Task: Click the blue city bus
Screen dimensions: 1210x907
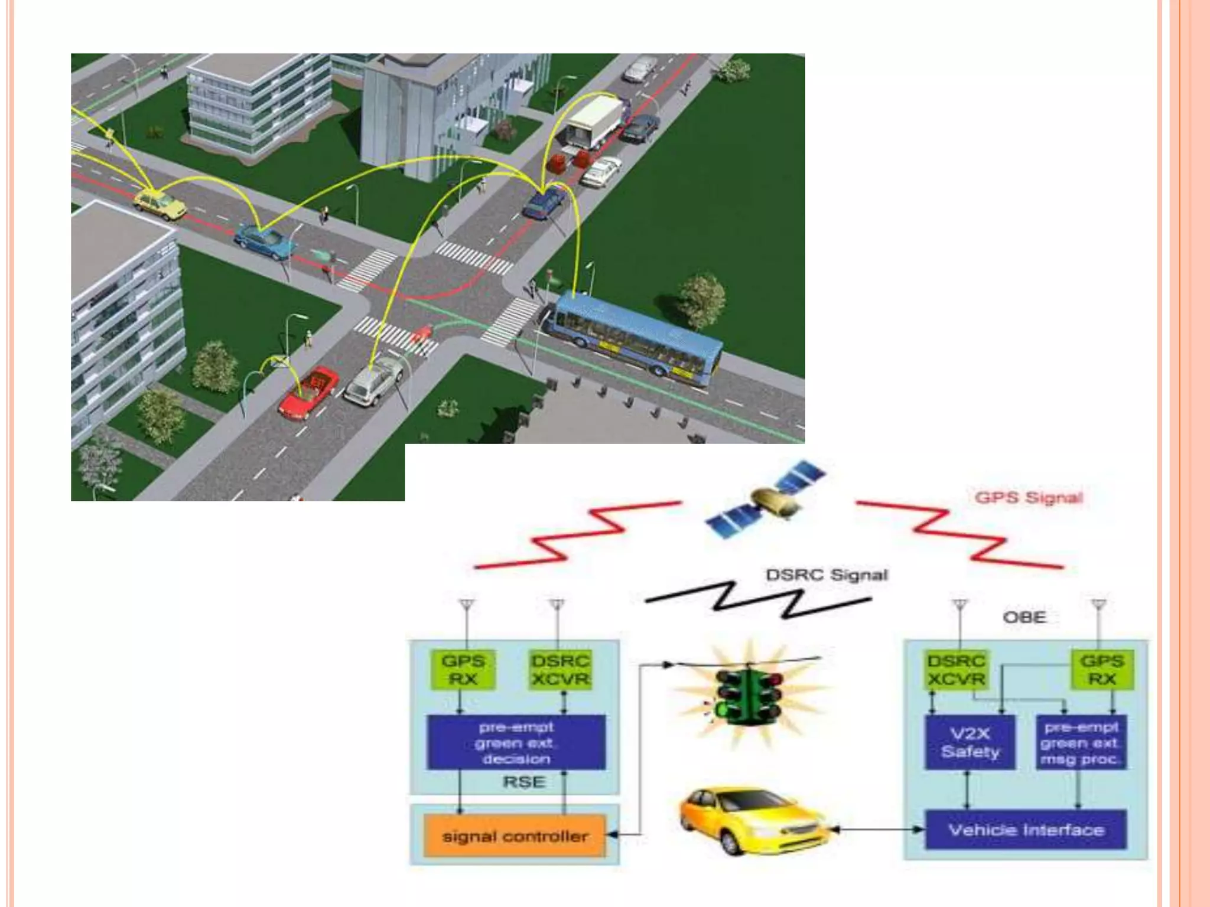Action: point(635,336)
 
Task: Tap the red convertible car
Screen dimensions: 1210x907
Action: point(309,392)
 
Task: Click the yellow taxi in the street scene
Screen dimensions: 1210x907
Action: point(159,203)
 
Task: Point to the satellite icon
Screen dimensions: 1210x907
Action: point(766,499)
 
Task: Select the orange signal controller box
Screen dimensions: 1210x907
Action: point(515,836)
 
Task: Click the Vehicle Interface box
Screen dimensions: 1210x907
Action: point(1026,830)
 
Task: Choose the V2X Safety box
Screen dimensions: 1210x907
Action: point(970,743)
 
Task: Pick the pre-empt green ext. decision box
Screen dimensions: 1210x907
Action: point(516,743)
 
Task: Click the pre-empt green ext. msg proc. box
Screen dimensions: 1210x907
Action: point(1081,743)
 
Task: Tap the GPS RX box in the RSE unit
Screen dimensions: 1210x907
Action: point(463,670)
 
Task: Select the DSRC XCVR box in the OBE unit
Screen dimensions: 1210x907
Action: point(955,670)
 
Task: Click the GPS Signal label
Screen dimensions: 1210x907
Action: point(1029,497)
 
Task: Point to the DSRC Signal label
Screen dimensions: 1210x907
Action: point(826,575)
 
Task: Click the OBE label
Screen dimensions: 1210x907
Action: point(1024,617)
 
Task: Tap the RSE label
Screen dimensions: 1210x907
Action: point(523,782)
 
